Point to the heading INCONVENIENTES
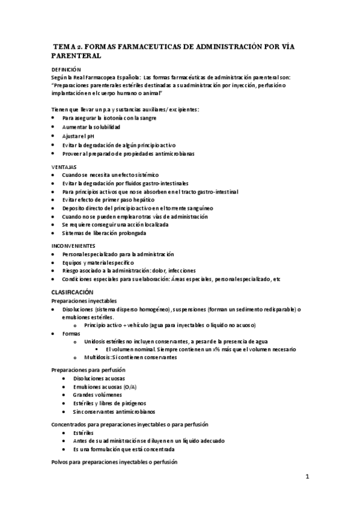point(74,245)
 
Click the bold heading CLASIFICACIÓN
point(73,291)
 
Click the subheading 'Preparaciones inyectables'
point(84,300)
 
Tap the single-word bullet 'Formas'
point(71,332)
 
